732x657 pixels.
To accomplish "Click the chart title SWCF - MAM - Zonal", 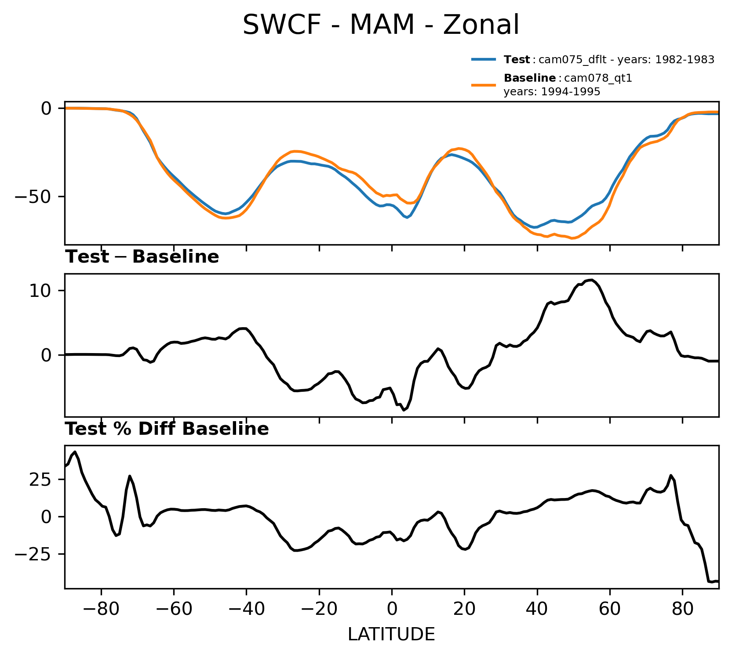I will click(x=381, y=25).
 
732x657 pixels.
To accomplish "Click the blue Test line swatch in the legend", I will click(x=484, y=59).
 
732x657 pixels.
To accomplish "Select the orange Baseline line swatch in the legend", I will click(x=484, y=85).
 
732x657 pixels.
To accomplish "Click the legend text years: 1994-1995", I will click(x=552, y=92).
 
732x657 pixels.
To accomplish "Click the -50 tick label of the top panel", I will click(x=33, y=196).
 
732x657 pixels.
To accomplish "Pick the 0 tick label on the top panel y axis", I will click(x=47, y=108).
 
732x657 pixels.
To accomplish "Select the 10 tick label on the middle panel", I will click(x=41, y=291).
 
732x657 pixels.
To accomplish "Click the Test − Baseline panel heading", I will click(x=142, y=257).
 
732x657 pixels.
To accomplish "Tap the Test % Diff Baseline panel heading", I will click(x=167, y=429).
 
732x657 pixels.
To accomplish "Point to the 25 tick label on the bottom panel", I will click(x=41, y=479).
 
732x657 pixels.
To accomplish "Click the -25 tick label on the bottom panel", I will click(x=33, y=555).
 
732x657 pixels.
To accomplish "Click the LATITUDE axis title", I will click(x=391, y=634).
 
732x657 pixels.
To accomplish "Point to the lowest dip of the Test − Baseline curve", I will click(x=404, y=410).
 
